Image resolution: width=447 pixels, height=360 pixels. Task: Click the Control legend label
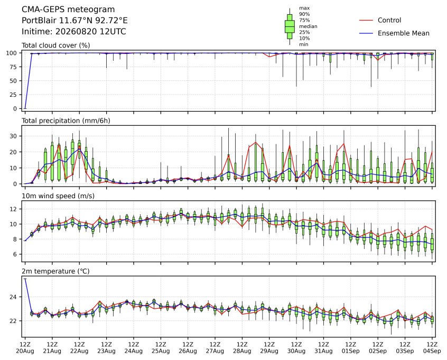pyautogui.click(x=389, y=20)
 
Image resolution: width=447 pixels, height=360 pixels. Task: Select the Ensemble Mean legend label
pyautogui.click(x=403, y=33)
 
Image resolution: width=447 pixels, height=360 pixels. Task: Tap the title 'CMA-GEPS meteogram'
pyautogui.click(x=68, y=10)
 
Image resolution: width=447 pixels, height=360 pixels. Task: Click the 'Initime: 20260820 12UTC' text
pyautogui.click(x=74, y=31)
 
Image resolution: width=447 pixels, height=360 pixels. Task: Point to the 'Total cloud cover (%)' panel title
pyautogui.click(x=56, y=45)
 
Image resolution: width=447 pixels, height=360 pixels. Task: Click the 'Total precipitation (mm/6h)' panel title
pyautogui.click(x=66, y=121)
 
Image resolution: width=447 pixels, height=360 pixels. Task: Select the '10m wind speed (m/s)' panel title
pyautogui.click(x=58, y=196)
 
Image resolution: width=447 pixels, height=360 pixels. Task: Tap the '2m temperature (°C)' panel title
pyautogui.click(x=55, y=271)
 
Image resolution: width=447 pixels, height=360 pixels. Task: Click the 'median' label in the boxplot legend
pyautogui.click(x=308, y=26)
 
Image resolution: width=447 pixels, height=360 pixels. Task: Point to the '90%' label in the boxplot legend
pyautogui.click(x=304, y=14)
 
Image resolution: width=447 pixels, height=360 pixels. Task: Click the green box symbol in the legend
pyautogui.click(x=290, y=26)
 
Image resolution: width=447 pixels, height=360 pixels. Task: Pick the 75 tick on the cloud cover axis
pyautogui.click(x=14, y=67)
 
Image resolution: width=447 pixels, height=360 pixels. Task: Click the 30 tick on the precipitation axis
pyautogui.click(x=14, y=136)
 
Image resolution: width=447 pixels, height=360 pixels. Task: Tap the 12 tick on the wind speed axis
pyautogui.click(x=14, y=209)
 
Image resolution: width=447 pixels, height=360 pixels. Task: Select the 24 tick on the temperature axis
pyautogui.click(x=14, y=297)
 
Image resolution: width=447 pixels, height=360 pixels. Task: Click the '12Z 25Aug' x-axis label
pyautogui.click(x=161, y=348)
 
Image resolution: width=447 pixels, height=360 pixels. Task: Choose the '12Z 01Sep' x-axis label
pyautogui.click(x=351, y=348)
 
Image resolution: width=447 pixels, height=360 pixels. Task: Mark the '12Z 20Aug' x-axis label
pyautogui.click(x=25, y=348)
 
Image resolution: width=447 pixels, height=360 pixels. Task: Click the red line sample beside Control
pyautogui.click(x=366, y=21)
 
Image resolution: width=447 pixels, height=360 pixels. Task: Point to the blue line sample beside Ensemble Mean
pyautogui.click(x=366, y=33)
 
